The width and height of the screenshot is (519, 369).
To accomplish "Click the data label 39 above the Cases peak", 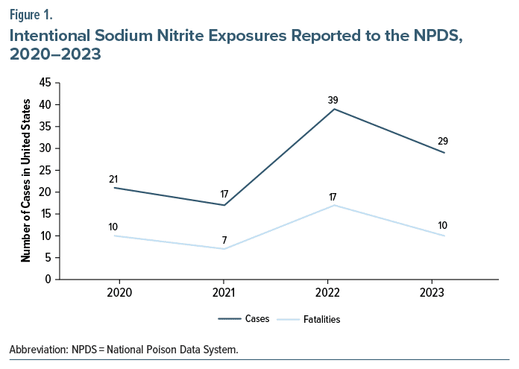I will click(x=333, y=100).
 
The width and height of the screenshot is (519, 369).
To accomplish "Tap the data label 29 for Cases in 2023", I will click(x=442, y=141).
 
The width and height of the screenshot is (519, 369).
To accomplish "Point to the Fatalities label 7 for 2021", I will click(x=224, y=240).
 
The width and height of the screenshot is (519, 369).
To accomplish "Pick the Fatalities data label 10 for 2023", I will click(x=442, y=227).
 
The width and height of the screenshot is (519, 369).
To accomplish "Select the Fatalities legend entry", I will click(x=322, y=319).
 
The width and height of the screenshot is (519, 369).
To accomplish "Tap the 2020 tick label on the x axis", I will click(x=116, y=292).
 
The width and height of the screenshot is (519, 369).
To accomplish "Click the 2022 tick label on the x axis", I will click(x=333, y=292).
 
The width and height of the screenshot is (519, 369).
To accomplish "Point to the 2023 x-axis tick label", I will click(x=442, y=292).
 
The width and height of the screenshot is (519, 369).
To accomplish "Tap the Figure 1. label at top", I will click(x=31, y=13).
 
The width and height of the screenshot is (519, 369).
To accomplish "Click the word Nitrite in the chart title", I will click(x=192, y=34).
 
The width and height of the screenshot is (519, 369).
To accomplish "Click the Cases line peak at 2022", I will click(x=333, y=109).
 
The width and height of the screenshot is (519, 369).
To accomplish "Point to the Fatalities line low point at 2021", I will click(x=224, y=249).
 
